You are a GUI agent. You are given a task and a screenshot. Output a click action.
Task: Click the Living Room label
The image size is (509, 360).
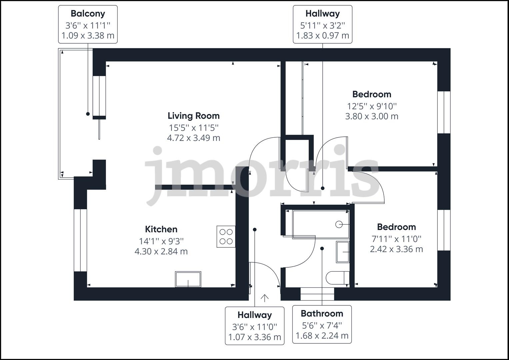pos(193,116)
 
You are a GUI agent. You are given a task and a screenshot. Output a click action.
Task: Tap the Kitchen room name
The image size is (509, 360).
pos(161,229)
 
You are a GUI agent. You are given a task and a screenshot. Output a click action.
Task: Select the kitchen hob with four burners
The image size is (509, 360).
pos(226,237)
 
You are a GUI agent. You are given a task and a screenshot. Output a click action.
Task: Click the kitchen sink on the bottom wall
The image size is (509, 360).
pos(188,279)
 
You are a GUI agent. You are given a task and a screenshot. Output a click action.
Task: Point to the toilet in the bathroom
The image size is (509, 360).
pos(338,278)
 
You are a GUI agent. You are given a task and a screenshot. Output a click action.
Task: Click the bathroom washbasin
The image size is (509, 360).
pos(343,252)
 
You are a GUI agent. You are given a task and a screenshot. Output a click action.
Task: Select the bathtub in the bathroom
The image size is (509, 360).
pos(321,224)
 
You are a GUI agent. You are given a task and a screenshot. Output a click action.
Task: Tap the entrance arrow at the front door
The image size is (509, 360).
pos(265,298)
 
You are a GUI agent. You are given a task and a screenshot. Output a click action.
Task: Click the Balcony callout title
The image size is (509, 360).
pos(88,14)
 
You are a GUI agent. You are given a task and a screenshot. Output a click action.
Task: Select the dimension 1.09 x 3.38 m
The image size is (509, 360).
pos(88,36)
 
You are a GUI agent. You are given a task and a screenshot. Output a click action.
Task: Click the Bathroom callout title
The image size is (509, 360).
pos(322,314)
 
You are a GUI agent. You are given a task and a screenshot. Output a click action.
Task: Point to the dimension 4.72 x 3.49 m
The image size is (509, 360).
pos(193,138)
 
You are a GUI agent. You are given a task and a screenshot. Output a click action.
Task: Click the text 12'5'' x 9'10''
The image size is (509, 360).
pos(372,106)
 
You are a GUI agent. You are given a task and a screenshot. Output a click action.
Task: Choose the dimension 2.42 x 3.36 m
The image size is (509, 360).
pos(396,249)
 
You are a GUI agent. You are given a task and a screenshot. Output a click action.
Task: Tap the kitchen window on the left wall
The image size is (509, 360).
pos(80,240)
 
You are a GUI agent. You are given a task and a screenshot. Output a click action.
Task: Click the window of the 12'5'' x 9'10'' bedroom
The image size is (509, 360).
pos(444,112)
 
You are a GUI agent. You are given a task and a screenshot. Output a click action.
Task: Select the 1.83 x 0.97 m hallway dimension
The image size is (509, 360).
pos(322,36)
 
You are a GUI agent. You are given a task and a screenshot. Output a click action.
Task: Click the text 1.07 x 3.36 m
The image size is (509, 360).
pos(255,337)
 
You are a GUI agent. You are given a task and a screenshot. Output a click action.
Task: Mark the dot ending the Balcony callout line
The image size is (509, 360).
pos(88,114)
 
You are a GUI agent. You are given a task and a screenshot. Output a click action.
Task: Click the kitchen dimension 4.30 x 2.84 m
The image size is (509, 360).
pos(161,251)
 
